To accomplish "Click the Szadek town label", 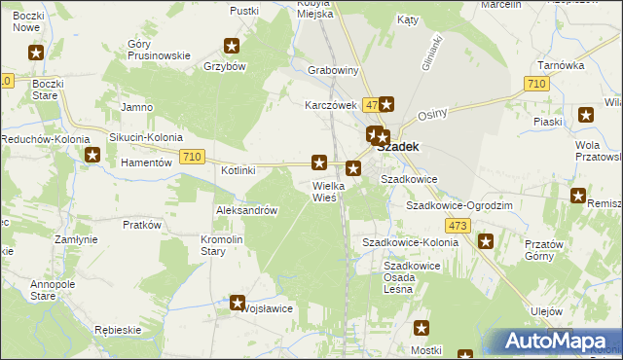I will tap(398, 146).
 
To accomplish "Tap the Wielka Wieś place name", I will tap(324, 191).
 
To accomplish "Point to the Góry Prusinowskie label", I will tap(159, 50).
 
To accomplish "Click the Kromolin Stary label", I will tap(228, 245).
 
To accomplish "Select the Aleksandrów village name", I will tap(247, 210).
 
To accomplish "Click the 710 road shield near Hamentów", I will tap(192, 157).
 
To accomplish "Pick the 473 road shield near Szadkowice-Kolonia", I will tap(459, 226).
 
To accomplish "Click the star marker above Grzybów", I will tap(232, 46).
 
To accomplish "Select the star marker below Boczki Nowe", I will tap(36, 54).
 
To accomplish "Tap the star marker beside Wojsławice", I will tap(237, 304).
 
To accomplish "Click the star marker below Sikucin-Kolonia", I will tap(92, 155).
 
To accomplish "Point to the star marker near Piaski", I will tap(585, 115).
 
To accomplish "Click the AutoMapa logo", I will tap(559, 342).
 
